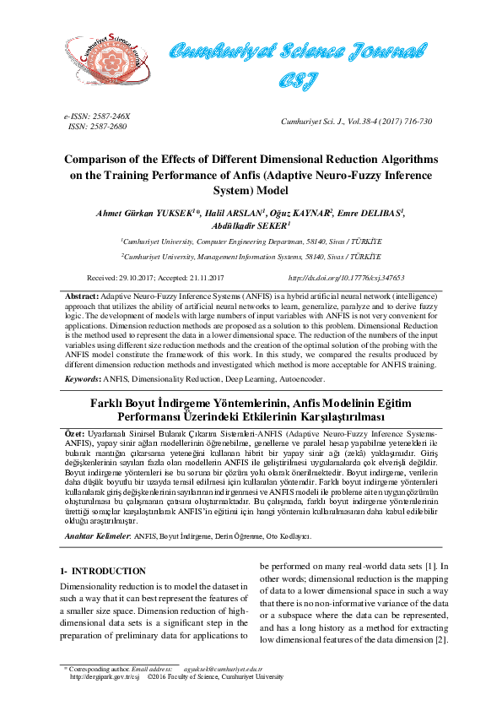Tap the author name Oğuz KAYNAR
(x=300, y=213)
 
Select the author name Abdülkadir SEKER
(x=250, y=226)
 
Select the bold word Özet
(x=75, y=432)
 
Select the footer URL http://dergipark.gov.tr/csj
(x=104, y=676)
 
